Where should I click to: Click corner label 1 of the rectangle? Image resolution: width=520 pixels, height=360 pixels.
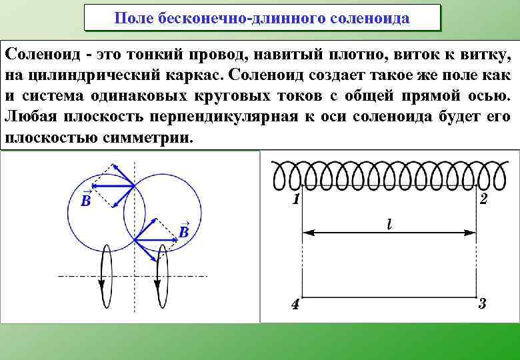pyautogui.click(x=294, y=199)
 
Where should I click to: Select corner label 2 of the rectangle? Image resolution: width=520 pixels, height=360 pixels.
pyautogui.click(x=484, y=199)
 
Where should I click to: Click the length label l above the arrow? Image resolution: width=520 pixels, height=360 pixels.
pyautogui.click(x=389, y=225)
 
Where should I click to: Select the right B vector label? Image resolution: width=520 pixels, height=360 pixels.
pyautogui.click(x=183, y=231)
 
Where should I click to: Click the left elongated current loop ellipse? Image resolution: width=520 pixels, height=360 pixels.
pyautogui.click(x=105, y=274)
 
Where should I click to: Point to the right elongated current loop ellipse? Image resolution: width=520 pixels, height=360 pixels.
pyautogui.click(x=160, y=274)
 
